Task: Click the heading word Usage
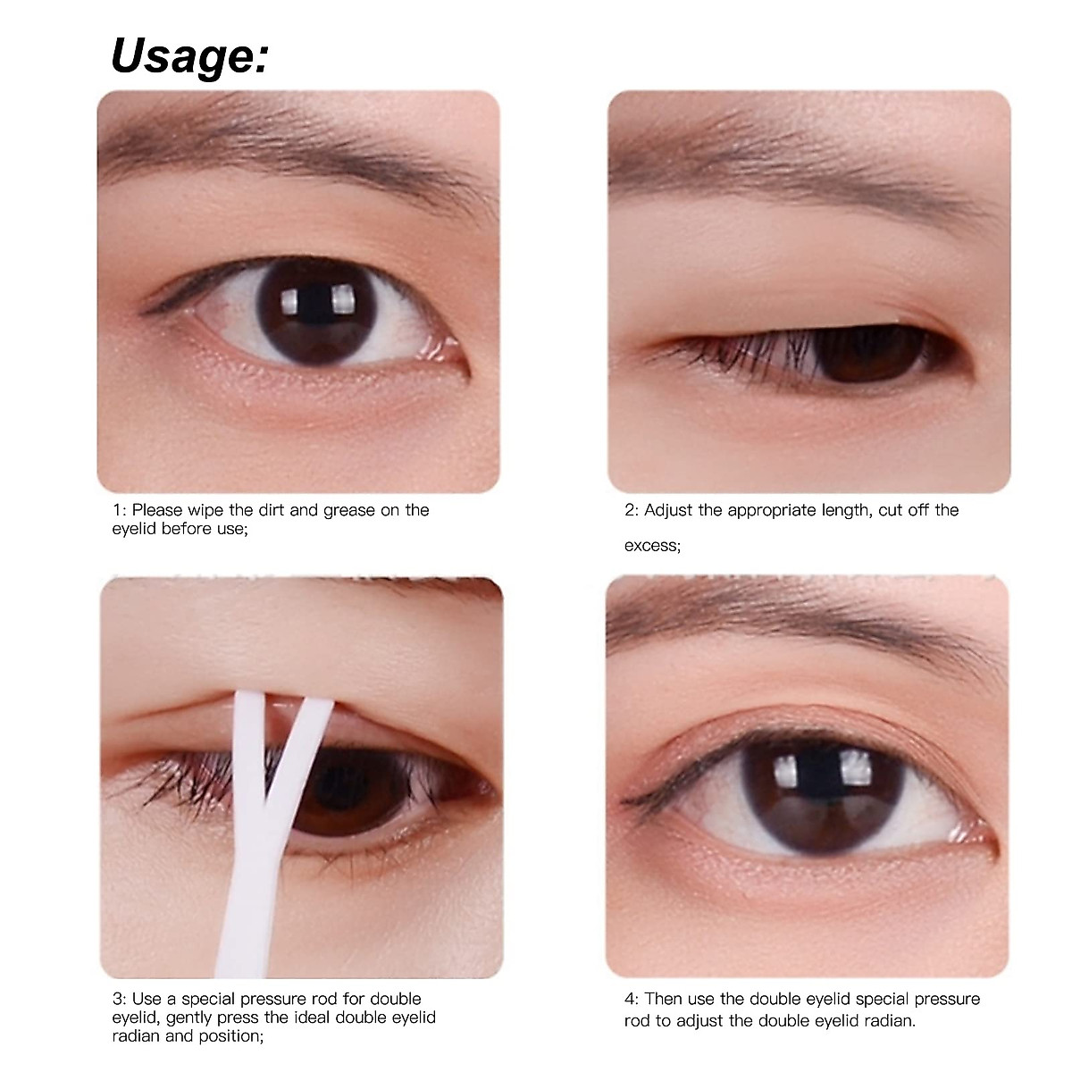(x=188, y=55)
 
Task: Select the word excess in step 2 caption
(x=651, y=546)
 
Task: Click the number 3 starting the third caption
(x=117, y=999)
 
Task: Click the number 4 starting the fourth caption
(x=629, y=999)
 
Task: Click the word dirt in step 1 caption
(x=272, y=510)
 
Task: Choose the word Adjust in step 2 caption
(x=668, y=511)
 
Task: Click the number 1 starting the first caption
(x=117, y=511)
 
